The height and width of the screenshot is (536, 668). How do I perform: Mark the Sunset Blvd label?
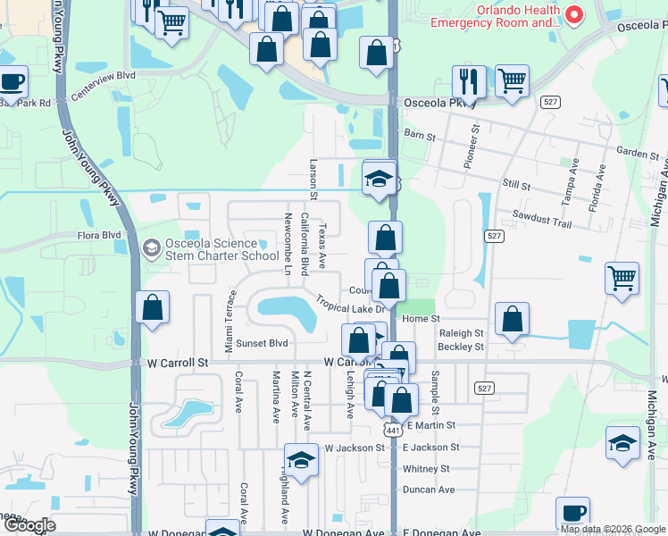[x=262, y=343]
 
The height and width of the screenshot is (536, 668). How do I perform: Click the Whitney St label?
[x=426, y=468]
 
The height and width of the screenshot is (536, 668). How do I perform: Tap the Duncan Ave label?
[x=429, y=490]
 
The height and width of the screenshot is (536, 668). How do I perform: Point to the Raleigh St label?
[x=462, y=332]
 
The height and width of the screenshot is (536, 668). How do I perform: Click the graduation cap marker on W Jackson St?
[x=302, y=460]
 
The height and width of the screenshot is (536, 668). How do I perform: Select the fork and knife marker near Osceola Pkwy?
[x=469, y=80]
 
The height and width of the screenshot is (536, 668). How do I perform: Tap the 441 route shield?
[x=390, y=430]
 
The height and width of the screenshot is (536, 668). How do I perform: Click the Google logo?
[x=29, y=525]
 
